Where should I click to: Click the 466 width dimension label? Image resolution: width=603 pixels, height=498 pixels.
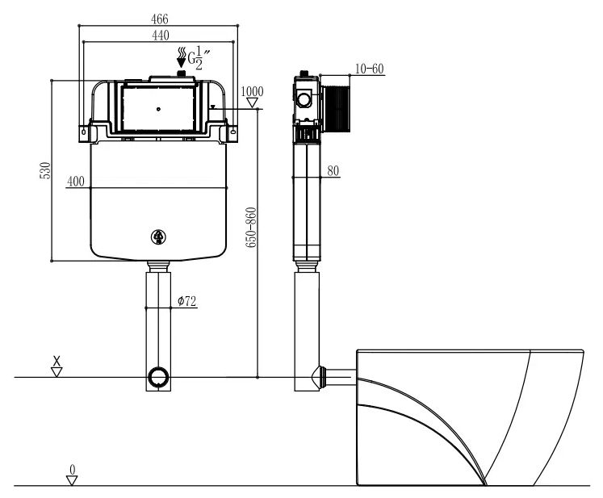click(160, 19)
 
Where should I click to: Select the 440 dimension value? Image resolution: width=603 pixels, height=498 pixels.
click(161, 35)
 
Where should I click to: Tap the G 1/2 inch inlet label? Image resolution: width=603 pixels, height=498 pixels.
click(199, 57)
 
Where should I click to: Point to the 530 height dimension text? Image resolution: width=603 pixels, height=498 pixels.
click(45, 170)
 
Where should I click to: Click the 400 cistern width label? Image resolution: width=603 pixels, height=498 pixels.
click(75, 181)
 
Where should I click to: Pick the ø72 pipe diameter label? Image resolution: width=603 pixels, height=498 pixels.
click(187, 301)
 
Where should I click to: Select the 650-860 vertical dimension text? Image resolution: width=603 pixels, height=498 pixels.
click(251, 228)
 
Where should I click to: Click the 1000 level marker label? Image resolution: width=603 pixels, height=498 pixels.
click(253, 91)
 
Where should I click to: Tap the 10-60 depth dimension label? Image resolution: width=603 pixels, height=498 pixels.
click(369, 69)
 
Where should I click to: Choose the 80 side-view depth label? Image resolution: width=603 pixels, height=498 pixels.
click(333, 171)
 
